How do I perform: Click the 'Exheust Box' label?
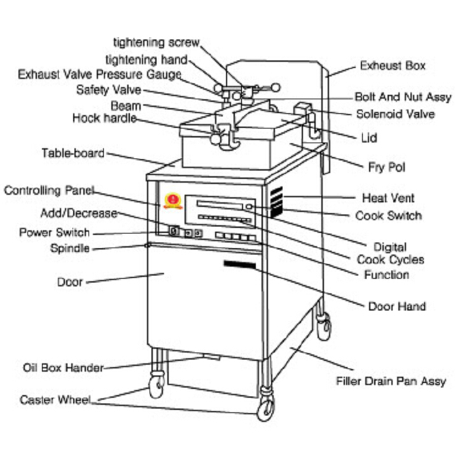(393, 66)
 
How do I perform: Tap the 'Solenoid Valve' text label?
(395, 115)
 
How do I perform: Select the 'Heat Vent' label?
(389, 198)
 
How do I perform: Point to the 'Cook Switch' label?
(388, 216)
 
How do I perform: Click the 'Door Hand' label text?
(397, 307)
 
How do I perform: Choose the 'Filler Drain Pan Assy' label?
(391, 382)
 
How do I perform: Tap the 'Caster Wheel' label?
(55, 400)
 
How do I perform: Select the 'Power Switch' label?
(54, 232)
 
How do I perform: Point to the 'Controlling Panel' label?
(49, 190)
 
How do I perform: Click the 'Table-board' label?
(73, 153)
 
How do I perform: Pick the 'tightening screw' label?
(157, 43)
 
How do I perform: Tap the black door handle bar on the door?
(239, 263)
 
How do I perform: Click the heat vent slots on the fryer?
(275, 202)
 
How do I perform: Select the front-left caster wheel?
(156, 384)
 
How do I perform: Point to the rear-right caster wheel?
(325, 328)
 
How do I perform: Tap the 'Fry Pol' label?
(386, 167)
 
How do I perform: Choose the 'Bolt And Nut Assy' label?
(402, 97)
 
